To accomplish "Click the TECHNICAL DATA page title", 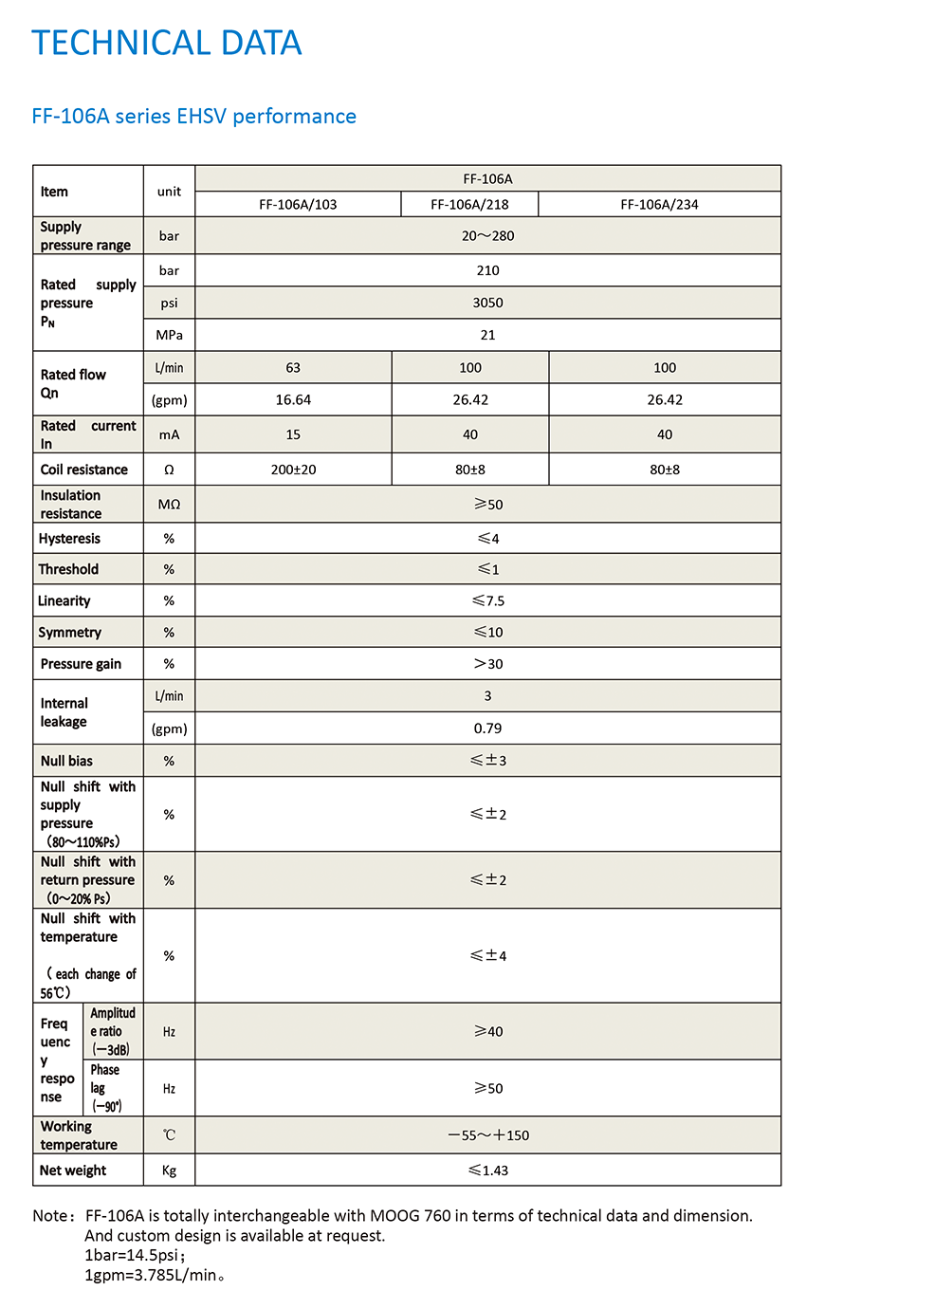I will click(x=167, y=44).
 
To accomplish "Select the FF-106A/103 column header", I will click(x=298, y=205).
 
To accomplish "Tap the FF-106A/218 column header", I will click(x=469, y=205).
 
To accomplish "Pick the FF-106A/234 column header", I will click(x=659, y=205).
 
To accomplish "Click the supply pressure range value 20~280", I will click(x=487, y=236).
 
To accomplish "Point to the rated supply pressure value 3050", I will click(x=487, y=303).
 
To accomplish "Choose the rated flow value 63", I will click(x=293, y=368).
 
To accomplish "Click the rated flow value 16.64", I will click(x=293, y=400).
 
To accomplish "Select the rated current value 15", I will click(x=293, y=434).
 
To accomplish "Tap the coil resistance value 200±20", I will click(x=293, y=470).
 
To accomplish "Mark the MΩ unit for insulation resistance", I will click(x=169, y=505).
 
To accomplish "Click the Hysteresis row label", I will click(x=69, y=539).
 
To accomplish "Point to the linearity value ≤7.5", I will click(x=487, y=601).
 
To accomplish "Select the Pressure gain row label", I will click(x=81, y=664).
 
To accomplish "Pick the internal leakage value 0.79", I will click(x=487, y=728).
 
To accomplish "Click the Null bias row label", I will click(x=66, y=761).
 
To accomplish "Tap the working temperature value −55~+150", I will click(x=487, y=1135).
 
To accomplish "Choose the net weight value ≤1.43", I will click(x=487, y=1171).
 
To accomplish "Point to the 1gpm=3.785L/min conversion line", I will click(x=154, y=1275).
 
